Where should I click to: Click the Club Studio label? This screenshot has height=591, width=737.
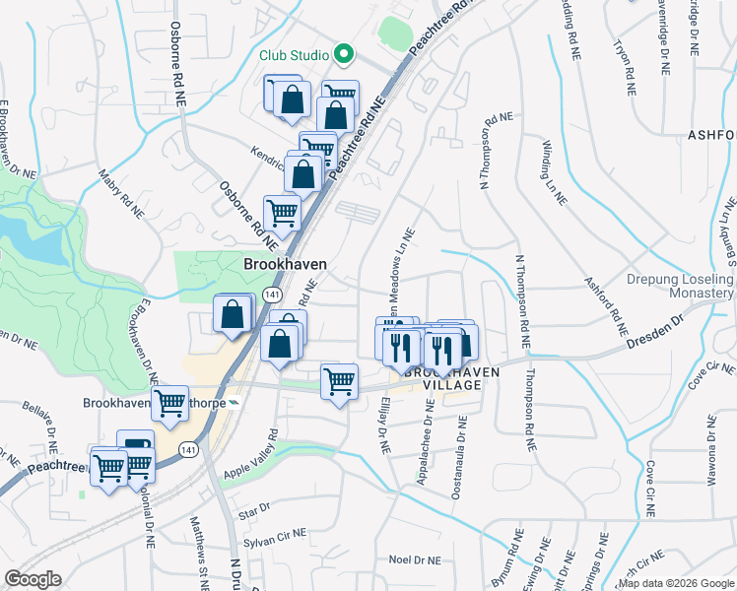[x=293, y=55]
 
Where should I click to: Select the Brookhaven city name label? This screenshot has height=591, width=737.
[x=285, y=265]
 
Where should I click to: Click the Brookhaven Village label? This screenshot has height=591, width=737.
[x=443, y=378]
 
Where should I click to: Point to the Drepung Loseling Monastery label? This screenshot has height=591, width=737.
[x=680, y=287]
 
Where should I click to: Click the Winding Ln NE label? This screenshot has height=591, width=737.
[x=553, y=171]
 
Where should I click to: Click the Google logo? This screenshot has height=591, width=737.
[x=33, y=579]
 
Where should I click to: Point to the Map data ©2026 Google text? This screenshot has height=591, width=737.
[x=675, y=583]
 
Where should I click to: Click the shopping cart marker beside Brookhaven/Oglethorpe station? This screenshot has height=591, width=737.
[x=169, y=402]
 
